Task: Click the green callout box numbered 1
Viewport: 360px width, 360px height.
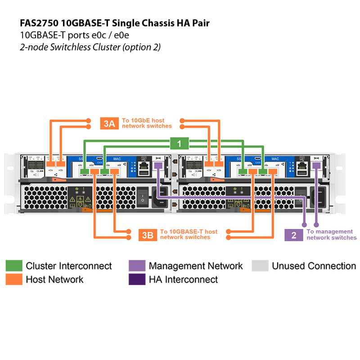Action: (x=179, y=144)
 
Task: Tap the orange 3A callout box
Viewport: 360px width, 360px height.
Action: (x=109, y=123)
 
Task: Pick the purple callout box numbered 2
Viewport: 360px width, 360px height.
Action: (x=294, y=234)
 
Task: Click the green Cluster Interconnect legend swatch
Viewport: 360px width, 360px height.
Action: (x=13, y=265)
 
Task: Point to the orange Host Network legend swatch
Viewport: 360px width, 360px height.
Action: (x=13, y=279)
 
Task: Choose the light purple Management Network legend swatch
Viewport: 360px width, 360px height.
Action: (x=136, y=265)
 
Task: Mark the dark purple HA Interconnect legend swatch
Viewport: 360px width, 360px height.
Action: (x=136, y=279)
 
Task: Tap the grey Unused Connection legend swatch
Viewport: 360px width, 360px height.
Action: (x=260, y=265)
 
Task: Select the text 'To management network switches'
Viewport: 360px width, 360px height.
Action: (x=331, y=234)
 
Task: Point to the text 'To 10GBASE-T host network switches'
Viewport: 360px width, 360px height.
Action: (x=189, y=234)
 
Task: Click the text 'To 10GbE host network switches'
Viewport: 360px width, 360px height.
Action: (x=147, y=123)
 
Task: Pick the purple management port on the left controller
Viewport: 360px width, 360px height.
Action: (x=158, y=166)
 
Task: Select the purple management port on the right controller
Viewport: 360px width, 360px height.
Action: (x=317, y=166)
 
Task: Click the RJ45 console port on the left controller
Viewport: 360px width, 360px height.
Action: (x=144, y=166)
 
